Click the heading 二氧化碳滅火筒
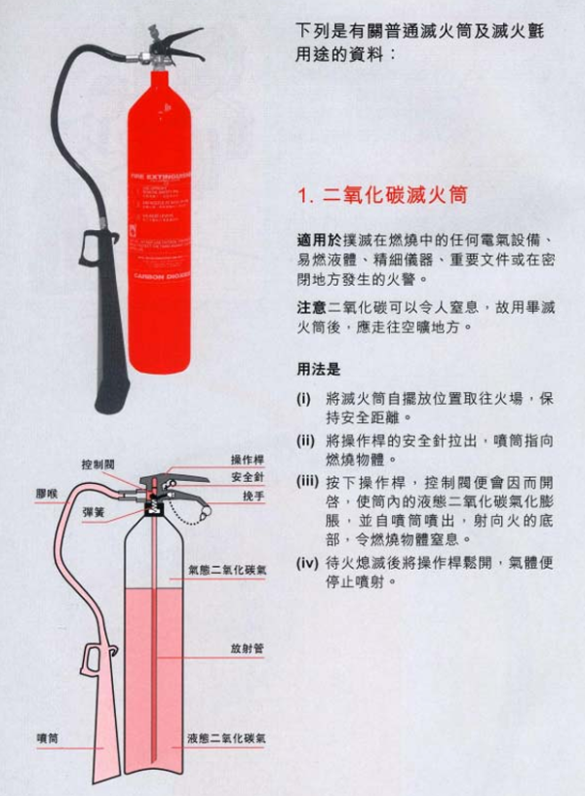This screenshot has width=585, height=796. click(x=381, y=195)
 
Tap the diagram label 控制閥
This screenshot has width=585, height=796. click(x=98, y=464)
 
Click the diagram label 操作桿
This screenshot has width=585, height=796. click(x=248, y=458)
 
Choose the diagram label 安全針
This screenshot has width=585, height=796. click(x=248, y=477)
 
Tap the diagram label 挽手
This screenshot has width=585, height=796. click(x=253, y=496)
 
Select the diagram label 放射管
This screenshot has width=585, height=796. click(x=248, y=648)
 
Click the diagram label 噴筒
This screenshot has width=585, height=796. click(x=46, y=738)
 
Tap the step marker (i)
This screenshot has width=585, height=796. click(x=304, y=399)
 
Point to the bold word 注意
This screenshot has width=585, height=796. click(x=311, y=307)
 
